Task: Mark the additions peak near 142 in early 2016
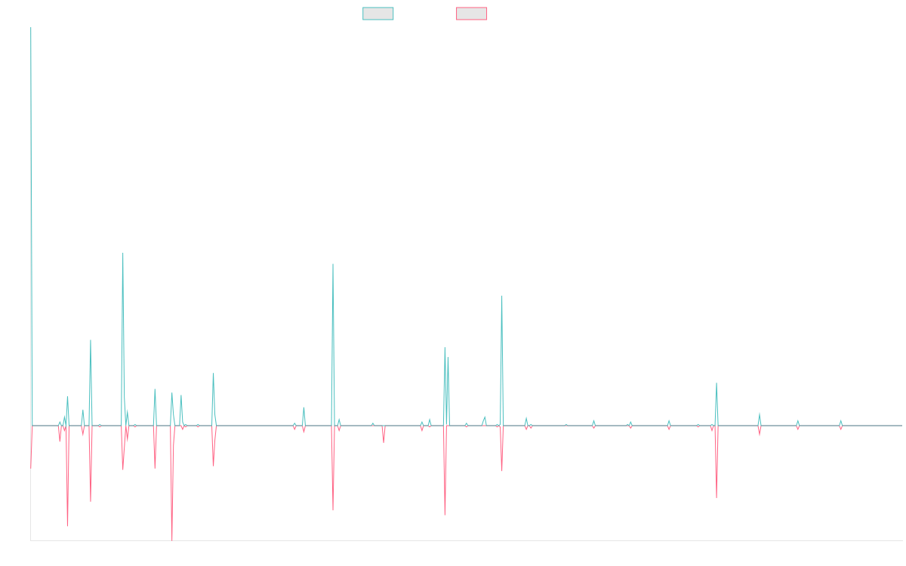123,253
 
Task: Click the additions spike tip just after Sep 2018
333,265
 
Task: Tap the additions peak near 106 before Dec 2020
501,296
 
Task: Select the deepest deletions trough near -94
172,540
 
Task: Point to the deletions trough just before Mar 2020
445,515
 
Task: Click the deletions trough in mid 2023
716,497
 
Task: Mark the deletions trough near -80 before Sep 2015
67,525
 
